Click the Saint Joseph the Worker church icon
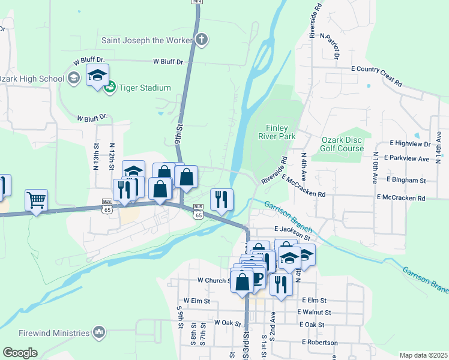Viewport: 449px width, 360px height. tap(202, 40)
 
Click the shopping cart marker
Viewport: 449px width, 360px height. tap(37, 200)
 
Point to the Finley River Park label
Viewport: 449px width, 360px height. tap(277, 132)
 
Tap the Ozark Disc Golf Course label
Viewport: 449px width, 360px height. tap(342, 144)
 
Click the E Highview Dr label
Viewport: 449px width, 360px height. tap(410, 144)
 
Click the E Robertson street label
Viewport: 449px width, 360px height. tap(320, 342)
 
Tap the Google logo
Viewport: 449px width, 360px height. tap(20, 353)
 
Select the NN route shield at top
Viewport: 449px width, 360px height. tap(196, 2)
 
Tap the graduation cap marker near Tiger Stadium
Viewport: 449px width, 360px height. tap(97, 76)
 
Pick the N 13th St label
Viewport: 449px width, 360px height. tap(96, 155)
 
